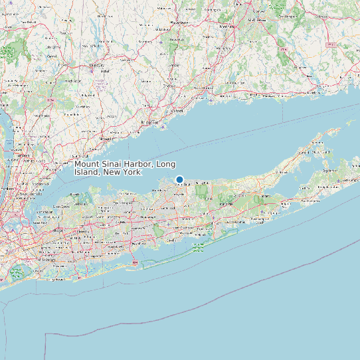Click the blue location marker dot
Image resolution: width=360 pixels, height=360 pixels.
click(x=179, y=179)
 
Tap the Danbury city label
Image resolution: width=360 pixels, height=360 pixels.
click(x=97, y=66)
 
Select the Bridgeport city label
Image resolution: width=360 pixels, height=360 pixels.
click(x=151, y=123)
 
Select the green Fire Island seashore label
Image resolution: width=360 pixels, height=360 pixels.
click(x=197, y=248)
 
